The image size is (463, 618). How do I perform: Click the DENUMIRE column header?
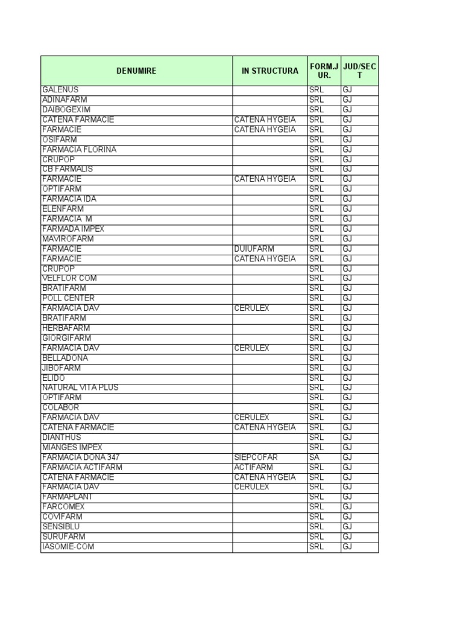click(136, 71)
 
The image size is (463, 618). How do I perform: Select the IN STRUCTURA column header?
click(269, 71)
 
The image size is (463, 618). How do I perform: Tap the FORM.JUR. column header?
click(324, 71)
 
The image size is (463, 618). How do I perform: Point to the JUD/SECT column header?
click(359, 71)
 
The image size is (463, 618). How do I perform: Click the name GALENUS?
click(60, 90)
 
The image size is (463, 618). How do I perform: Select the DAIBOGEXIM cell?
click(66, 110)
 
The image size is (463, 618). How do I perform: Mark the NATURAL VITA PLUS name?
click(80, 387)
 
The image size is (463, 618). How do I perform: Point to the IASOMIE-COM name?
click(68, 547)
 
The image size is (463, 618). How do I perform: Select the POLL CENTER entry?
click(68, 298)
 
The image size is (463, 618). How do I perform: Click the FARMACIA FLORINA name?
click(79, 150)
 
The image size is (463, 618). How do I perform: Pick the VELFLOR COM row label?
click(69, 278)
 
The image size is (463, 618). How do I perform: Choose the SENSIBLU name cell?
click(61, 527)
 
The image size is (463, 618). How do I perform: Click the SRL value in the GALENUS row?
click(316, 90)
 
